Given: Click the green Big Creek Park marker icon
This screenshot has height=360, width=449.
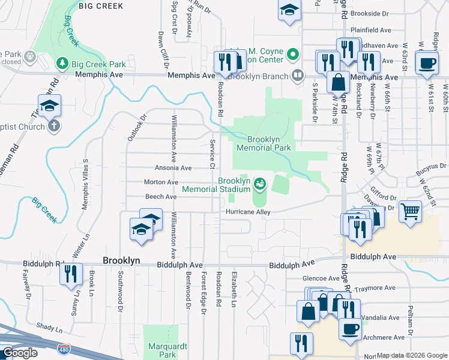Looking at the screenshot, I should pos(62,63).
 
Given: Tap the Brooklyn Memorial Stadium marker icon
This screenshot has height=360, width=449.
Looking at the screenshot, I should pos(260,184).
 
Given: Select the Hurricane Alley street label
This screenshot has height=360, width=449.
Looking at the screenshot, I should pos(248,212).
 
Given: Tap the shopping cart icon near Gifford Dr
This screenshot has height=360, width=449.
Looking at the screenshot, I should pos(410,211).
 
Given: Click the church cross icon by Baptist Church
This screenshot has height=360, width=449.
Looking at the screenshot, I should pos(53,126).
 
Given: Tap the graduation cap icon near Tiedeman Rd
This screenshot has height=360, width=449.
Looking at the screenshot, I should pos(49,106).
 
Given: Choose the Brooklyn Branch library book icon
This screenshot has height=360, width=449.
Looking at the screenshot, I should pos(297,76).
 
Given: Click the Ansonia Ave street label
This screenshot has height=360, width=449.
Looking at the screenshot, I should pos(173,168).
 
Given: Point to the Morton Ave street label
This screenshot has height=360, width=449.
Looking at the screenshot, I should pos(161,182).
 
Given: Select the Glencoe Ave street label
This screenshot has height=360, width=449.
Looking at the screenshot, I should pos(321,278).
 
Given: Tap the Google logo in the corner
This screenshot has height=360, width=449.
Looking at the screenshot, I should pos(20,353).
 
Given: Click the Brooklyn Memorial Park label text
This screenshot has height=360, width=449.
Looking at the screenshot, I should pos(264,143).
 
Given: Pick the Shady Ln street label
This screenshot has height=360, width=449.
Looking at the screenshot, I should pos(49,329).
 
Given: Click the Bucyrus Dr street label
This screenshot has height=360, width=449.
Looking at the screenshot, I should pos(432,166).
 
